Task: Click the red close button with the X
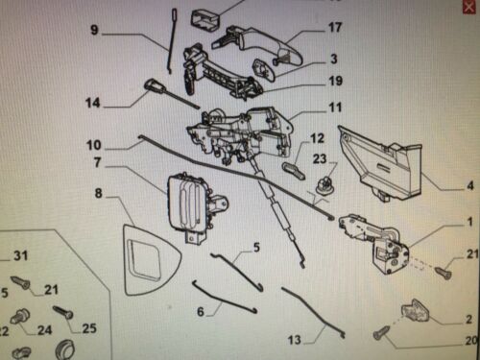pyautogui.click(x=469, y=7)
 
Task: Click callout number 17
pyautogui.click(x=335, y=28)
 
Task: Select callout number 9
pyautogui.click(x=94, y=30)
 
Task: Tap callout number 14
pyautogui.click(x=93, y=103)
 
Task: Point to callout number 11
pyautogui.click(x=335, y=108)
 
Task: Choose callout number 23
pyautogui.click(x=320, y=158)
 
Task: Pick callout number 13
pyautogui.click(x=295, y=340)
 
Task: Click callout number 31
pyautogui.click(x=21, y=255)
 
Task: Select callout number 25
pyautogui.click(x=89, y=328)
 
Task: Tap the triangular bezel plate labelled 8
pyautogui.click(x=151, y=259)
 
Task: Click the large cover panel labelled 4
pyautogui.click(x=381, y=163)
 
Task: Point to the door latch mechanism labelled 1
pyautogui.click(x=377, y=243)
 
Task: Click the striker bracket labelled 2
pyautogui.click(x=416, y=311)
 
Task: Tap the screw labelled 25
pyautogui.click(x=63, y=312)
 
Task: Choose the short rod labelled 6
pyautogui.click(x=224, y=297)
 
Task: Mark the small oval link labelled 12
pyautogui.click(x=295, y=170)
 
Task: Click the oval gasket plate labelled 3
pyautogui.click(x=264, y=69)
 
